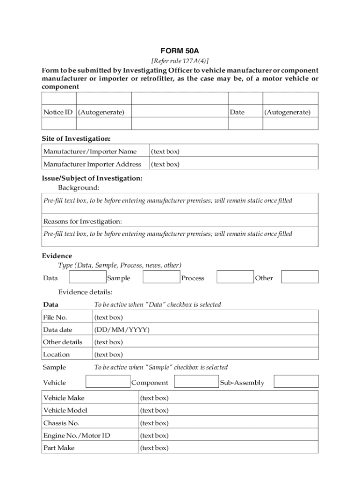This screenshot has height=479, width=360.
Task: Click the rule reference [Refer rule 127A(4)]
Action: coord(180,61)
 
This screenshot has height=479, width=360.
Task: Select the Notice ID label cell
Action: coord(58,112)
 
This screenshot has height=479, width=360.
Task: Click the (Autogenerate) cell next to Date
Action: coord(287,112)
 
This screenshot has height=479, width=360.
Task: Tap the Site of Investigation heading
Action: coord(76,138)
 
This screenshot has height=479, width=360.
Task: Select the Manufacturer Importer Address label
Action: coord(92,164)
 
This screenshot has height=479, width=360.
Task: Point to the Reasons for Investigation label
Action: coord(82,221)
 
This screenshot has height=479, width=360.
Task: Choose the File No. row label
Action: coord(55,317)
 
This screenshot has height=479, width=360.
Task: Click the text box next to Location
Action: coord(205,355)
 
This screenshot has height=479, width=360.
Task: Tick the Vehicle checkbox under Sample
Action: coord(108,382)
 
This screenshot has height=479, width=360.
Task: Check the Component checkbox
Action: coord(196,382)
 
